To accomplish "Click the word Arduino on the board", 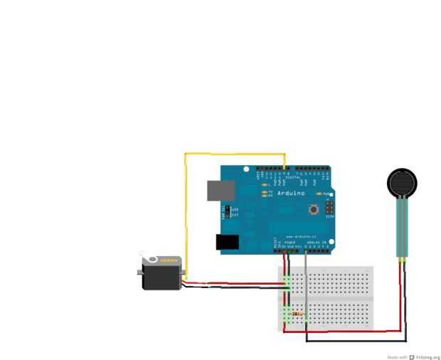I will coord(289,194).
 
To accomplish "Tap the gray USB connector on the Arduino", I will coord(220,190).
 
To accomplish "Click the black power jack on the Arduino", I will coord(227,242).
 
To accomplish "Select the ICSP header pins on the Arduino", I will coord(329,208).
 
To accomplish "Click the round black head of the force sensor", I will coord(402,183).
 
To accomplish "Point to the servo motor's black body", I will coord(162,276).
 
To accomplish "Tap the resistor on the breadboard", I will coord(297,313).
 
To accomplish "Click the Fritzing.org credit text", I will coord(425,356).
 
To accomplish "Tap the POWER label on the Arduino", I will coord(289,243).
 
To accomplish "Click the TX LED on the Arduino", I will coord(264,191).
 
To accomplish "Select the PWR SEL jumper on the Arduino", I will coord(228,211).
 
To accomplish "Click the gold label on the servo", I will coord(167,260).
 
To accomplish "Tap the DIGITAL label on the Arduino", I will coord(288,176).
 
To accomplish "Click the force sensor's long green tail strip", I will coord(402,228).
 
